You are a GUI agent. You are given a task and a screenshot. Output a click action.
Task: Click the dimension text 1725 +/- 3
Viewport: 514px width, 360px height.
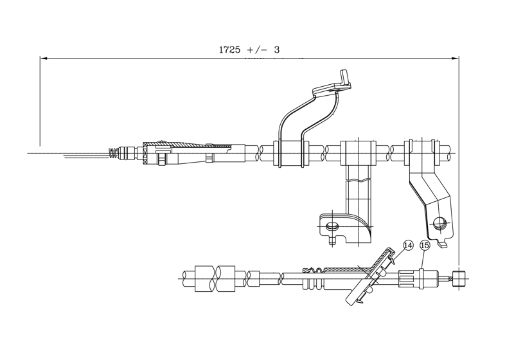[250, 49]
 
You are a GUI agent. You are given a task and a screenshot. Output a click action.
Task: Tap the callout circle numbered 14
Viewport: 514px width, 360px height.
[407, 245]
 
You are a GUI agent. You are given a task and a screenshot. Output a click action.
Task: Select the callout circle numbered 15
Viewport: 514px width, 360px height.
[424, 245]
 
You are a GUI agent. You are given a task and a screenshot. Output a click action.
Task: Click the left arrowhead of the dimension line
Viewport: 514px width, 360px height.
[43, 58]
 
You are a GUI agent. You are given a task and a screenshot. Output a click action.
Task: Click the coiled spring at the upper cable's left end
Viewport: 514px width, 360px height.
[114, 154]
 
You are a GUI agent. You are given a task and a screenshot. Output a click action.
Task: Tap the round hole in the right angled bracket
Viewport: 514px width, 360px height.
[439, 223]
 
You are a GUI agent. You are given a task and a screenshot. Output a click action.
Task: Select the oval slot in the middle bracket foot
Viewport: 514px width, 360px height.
[332, 226]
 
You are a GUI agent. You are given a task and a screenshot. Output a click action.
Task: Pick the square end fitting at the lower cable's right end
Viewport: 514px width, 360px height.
[459, 278]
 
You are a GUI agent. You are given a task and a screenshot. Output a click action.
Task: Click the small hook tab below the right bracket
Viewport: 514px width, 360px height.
[443, 244]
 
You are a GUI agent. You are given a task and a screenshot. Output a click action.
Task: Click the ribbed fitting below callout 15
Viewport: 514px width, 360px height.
[411, 278]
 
